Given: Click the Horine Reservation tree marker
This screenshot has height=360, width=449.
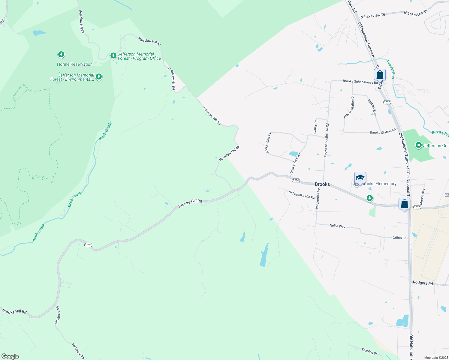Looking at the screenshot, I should (x=61, y=55).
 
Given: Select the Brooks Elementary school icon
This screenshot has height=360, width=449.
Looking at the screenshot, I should (x=360, y=178).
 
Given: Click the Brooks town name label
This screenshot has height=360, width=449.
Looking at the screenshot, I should (x=322, y=184).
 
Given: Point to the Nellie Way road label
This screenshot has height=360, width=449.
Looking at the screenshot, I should (x=337, y=226).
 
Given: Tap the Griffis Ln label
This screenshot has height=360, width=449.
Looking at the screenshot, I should (x=399, y=238).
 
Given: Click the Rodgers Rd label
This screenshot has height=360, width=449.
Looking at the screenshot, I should (x=423, y=283).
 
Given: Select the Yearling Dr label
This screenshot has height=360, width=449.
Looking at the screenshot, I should (x=369, y=351).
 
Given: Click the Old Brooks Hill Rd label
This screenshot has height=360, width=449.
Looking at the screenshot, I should (x=301, y=195).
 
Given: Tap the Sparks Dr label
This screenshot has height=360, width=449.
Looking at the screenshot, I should (x=315, y=127).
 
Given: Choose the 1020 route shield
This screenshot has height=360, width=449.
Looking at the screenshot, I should (x=387, y=102).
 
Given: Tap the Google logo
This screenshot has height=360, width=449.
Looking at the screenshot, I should (x=10, y=356).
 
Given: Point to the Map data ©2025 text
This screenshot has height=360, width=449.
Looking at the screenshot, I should (x=436, y=358).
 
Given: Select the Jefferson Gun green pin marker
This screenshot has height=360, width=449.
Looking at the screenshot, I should (x=418, y=145).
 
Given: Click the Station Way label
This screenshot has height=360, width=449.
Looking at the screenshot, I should (x=372, y=107).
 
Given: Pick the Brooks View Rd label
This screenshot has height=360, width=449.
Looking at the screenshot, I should (x=295, y=164).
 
